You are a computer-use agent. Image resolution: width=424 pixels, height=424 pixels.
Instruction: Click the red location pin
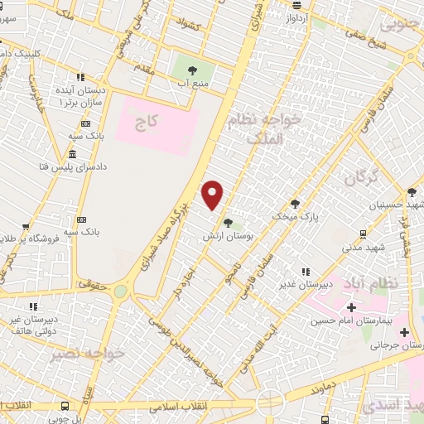(213, 195)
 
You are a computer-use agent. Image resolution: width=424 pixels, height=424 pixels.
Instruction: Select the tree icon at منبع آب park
(192, 70)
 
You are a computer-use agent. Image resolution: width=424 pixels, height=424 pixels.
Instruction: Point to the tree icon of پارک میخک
(295, 204)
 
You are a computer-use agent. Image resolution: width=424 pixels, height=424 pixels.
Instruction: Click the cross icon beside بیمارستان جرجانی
(404, 333)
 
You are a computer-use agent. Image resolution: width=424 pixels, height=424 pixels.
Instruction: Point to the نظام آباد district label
(391, 283)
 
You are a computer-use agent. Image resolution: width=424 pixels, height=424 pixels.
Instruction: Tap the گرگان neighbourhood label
(360, 177)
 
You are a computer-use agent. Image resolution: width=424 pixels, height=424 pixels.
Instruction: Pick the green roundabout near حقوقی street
(122, 291)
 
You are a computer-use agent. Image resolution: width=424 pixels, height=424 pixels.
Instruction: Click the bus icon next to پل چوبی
(65, 407)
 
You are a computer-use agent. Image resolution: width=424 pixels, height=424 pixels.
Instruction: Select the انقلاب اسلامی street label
(179, 407)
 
